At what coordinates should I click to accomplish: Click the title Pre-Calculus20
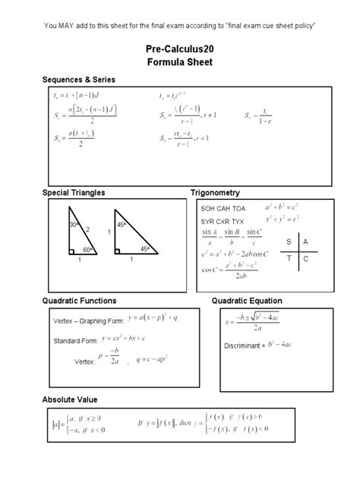(x=179, y=49)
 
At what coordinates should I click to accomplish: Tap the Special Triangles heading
(x=74, y=193)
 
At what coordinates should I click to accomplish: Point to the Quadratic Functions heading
(x=79, y=301)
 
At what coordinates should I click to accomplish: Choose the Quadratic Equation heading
(x=246, y=301)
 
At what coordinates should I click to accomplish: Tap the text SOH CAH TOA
(x=223, y=207)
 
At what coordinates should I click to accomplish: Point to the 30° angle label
(x=74, y=226)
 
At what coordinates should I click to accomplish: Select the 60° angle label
(x=87, y=249)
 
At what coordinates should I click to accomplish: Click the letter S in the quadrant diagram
(x=289, y=241)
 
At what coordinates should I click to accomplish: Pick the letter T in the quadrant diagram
(x=289, y=259)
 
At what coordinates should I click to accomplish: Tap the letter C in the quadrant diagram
(x=305, y=259)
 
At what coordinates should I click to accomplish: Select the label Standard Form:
(x=77, y=341)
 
